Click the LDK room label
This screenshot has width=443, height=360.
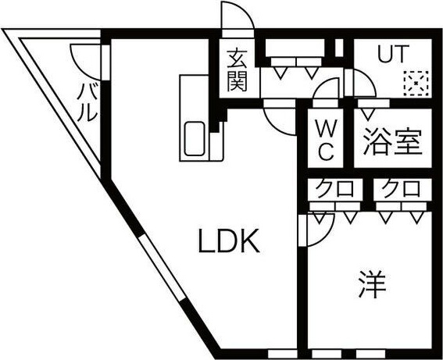coord(229,241)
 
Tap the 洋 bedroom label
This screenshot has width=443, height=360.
coord(373,284)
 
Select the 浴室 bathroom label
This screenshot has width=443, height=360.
coord(393,142)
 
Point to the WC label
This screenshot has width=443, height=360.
coord(326,140)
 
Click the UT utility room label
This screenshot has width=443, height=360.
coord(393,54)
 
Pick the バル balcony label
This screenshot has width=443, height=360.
coord(88,102)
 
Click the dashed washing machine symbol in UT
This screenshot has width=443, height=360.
coord(416,84)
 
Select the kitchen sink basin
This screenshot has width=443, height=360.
coord(195,139)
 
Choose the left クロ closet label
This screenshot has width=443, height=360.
coord(334,188)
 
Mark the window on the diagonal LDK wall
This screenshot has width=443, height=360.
coord(163,266)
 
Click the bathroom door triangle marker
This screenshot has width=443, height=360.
coord(367,114)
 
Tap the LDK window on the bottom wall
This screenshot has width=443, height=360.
coord(283,354)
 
